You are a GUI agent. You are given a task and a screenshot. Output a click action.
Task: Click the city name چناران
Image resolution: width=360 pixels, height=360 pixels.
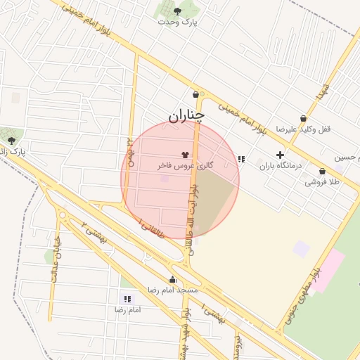187,115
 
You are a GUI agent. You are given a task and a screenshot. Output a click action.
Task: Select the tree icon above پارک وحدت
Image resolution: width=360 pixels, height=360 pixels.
177,11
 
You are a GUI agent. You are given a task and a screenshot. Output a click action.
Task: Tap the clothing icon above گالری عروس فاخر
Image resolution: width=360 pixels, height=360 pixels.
185,153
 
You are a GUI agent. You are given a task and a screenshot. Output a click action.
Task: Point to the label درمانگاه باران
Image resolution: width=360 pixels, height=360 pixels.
280,166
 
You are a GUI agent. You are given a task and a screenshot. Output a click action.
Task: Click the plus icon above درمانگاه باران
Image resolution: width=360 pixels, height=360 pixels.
280,155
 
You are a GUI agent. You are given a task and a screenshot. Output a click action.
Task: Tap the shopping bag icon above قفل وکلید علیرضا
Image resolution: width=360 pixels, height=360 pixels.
303,118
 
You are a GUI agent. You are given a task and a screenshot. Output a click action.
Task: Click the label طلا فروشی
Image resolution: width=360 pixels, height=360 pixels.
321,181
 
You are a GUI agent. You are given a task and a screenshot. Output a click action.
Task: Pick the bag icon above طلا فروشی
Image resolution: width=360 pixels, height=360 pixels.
322,171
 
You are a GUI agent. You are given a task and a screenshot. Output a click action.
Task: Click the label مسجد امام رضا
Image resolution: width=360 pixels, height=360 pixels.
172,290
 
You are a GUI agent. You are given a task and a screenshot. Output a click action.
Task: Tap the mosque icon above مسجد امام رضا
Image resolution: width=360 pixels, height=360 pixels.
172,279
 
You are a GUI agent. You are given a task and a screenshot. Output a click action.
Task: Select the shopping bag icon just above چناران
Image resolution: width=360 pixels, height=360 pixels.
195,95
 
